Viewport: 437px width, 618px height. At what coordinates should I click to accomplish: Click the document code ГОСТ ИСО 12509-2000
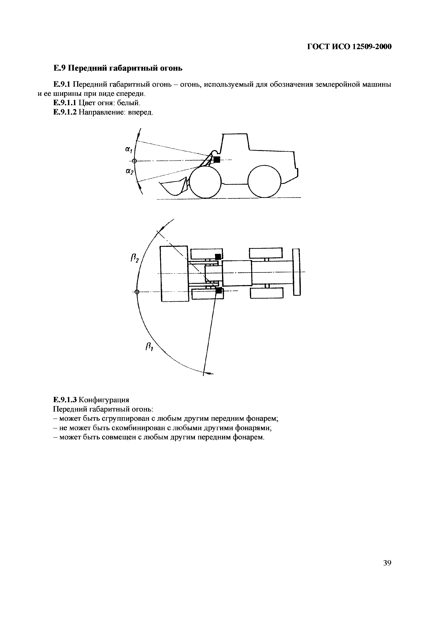pos(349,47)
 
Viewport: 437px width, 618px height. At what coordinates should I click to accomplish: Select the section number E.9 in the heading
pos(59,68)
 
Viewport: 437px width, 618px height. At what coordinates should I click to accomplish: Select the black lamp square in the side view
pos(217,160)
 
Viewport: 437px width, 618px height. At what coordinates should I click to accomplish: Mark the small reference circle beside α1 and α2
pos(135,161)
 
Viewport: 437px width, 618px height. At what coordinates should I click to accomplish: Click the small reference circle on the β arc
pos(137,292)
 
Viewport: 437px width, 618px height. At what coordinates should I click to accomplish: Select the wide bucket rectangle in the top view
pos(174,273)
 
